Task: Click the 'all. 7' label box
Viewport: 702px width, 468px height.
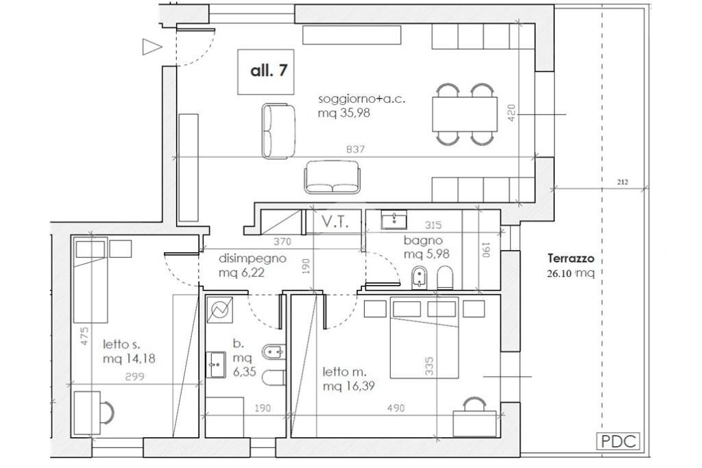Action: click(265, 71)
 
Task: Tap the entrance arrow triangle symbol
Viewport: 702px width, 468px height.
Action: click(152, 47)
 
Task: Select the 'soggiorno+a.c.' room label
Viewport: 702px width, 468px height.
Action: click(362, 99)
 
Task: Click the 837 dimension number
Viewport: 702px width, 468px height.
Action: click(356, 149)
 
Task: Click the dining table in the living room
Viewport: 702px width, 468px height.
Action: click(465, 114)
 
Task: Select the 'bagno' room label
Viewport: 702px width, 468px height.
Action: click(423, 241)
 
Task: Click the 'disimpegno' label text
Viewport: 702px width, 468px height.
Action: click(252, 259)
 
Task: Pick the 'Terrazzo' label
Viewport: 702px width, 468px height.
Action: click(571, 258)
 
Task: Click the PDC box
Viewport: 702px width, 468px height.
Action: click(618, 441)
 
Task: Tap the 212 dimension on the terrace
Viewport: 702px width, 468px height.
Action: click(622, 182)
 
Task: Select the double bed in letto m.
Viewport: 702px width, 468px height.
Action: click(424, 337)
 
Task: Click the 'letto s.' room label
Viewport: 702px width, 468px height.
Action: click(122, 345)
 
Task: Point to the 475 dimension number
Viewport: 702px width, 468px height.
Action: click(84, 336)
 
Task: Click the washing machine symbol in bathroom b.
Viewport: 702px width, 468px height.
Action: click(219, 310)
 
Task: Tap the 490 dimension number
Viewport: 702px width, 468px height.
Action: click(396, 408)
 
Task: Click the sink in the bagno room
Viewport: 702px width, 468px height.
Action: click(394, 220)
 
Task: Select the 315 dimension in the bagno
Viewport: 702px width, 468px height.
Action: click(433, 225)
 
